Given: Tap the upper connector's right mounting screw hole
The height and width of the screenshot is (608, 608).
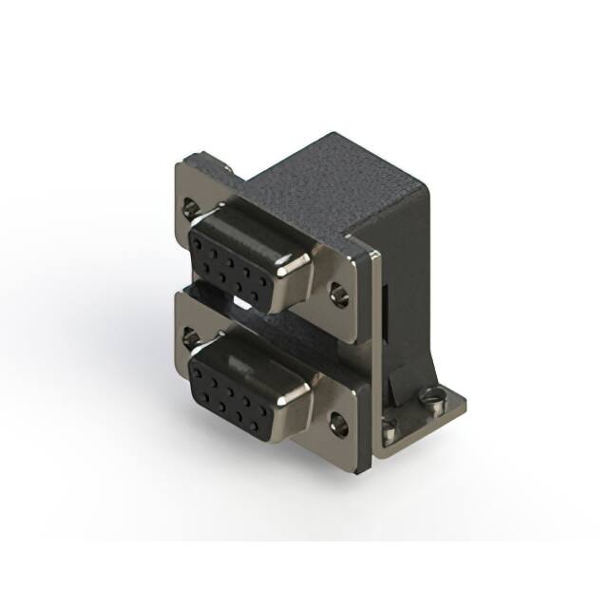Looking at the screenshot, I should click(x=339, y=292).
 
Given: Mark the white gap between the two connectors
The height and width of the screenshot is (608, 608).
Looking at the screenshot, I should click(x=243, y=307).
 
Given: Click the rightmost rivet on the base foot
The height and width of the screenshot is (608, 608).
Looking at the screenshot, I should click(x=437, y=396).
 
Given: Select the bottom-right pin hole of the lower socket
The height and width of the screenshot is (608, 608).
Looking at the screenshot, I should click(x=262, y=411).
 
